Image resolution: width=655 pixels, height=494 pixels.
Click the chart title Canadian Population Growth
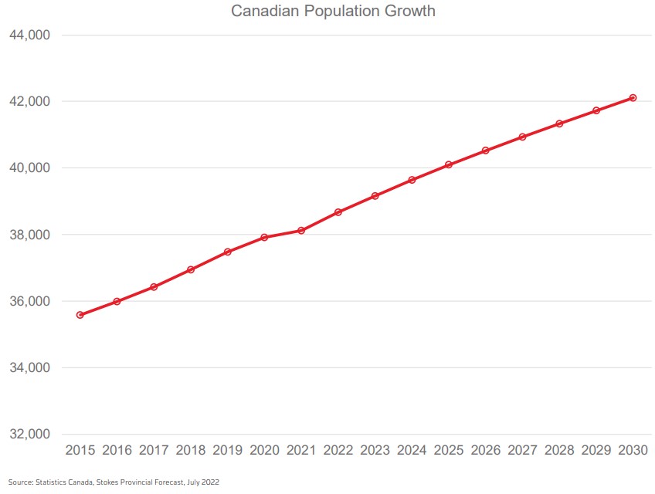[x=333, y=12]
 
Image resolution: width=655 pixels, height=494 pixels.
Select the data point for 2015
[x=80, y=315]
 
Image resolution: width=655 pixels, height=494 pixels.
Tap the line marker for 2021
[x=301, y=230]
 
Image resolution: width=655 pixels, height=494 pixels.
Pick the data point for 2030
[x=633, y=98]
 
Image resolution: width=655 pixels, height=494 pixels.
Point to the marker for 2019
[x=228, y=252]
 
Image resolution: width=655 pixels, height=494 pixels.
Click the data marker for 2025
[x=449, y=164]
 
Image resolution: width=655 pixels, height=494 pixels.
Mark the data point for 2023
[x=375, y=196]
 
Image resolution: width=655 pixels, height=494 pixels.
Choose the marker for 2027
[x=522, y=137]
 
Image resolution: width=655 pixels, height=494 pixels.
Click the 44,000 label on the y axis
[x=30, y=36]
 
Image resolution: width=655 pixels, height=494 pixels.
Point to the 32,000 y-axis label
[x=30, y=434]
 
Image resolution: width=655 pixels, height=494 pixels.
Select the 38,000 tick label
[x=30, y=235]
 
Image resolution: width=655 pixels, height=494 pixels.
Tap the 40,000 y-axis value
[x=30, y=168]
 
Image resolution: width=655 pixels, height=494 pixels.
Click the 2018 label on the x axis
[x=191, y=450]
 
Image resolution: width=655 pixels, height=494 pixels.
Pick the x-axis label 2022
[x=338, y=450]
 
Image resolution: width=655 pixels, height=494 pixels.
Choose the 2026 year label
[x=486, y=450]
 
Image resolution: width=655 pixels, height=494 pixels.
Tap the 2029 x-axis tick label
[x=596, y=450]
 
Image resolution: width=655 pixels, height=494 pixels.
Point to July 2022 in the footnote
[x=202, y=482]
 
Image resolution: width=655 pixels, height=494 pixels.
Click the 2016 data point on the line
[x=117, y=302]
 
